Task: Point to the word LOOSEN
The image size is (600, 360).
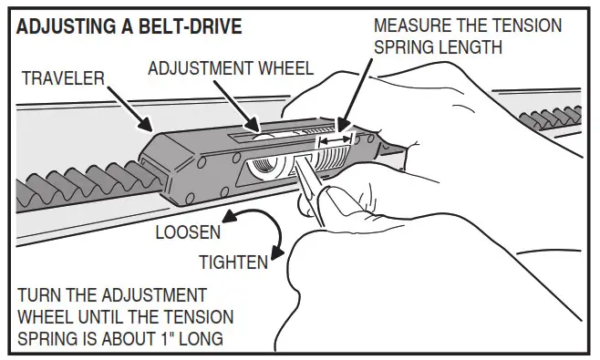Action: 188,233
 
